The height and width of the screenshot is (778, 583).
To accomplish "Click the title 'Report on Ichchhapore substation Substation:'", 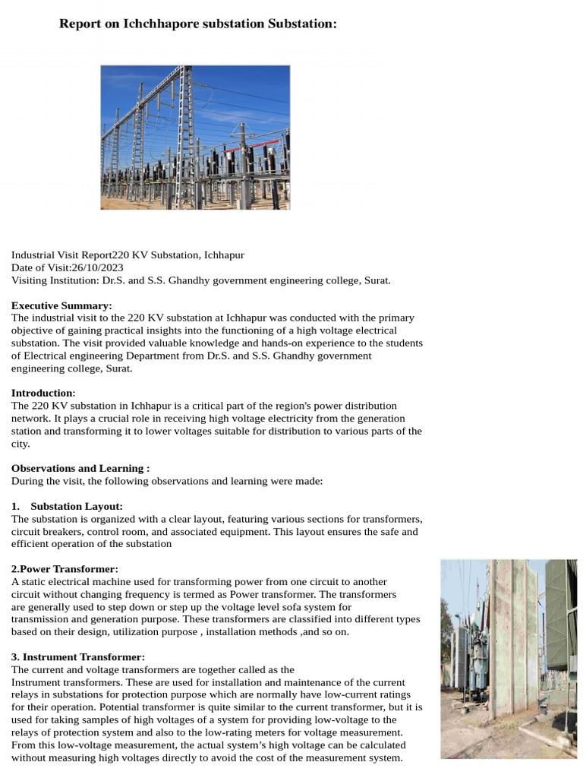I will pos(197,24).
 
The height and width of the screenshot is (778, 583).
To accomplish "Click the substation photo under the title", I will pos(195,137).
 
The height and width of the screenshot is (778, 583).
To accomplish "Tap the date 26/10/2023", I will pos(97,267).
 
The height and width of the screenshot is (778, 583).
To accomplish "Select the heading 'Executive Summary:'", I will pos(61,305).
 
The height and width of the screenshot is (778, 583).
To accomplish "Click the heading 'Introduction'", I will pos(42,393).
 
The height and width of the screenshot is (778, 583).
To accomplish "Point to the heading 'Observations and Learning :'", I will pos(80,468).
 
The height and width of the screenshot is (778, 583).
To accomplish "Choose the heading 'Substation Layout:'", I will pos(77,506).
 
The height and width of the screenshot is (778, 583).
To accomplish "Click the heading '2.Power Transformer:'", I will pos(65,569).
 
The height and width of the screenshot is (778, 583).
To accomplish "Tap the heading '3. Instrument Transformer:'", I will pos(78,656).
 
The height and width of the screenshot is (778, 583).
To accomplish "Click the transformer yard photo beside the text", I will pos(509,659).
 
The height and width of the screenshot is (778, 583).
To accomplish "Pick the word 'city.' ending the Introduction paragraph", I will pos(20,444).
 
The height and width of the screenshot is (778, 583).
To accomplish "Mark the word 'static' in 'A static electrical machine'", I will pos(33,582).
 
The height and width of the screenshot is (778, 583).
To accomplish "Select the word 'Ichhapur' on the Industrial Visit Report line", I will pos(224,255).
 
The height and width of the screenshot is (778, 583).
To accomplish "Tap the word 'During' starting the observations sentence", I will pos(27,481).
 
